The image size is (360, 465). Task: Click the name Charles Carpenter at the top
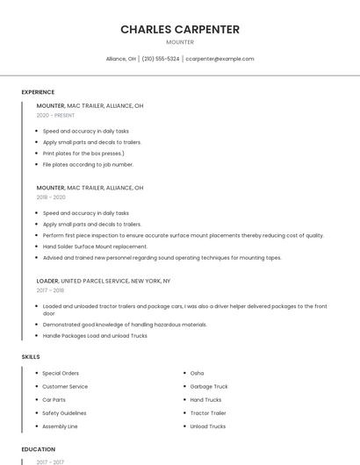180,29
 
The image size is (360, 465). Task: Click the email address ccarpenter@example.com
220,59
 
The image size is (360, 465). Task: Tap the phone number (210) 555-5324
161,59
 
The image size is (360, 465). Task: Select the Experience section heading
38,92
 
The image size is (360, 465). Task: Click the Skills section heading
31,357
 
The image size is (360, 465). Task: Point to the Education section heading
39,449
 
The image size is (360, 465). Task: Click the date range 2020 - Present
55,115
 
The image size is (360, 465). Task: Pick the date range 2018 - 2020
51,197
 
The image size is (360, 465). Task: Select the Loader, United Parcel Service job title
104,281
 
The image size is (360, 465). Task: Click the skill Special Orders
61,373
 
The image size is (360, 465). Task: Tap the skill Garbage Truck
209,386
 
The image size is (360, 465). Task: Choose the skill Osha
197,373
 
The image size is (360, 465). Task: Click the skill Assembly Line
61,426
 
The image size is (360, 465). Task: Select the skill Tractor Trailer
208,413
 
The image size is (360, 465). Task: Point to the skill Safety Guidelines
64,413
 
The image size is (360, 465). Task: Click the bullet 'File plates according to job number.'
88,164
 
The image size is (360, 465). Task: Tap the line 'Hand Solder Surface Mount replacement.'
95,247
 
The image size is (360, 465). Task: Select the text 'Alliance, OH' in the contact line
121,59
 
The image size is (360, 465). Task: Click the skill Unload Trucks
208,426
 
